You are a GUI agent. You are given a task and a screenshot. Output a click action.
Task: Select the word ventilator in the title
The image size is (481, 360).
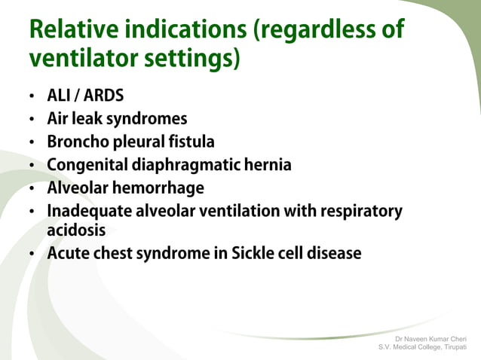(x=78, y=57)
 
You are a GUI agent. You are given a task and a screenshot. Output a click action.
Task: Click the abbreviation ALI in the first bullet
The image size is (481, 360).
(x=59, y=96)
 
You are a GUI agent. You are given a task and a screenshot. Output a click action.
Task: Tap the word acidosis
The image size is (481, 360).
(x=76, y=229)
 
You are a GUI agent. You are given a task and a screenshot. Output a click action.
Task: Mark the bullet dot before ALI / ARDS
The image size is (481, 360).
(x=32, y=98)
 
